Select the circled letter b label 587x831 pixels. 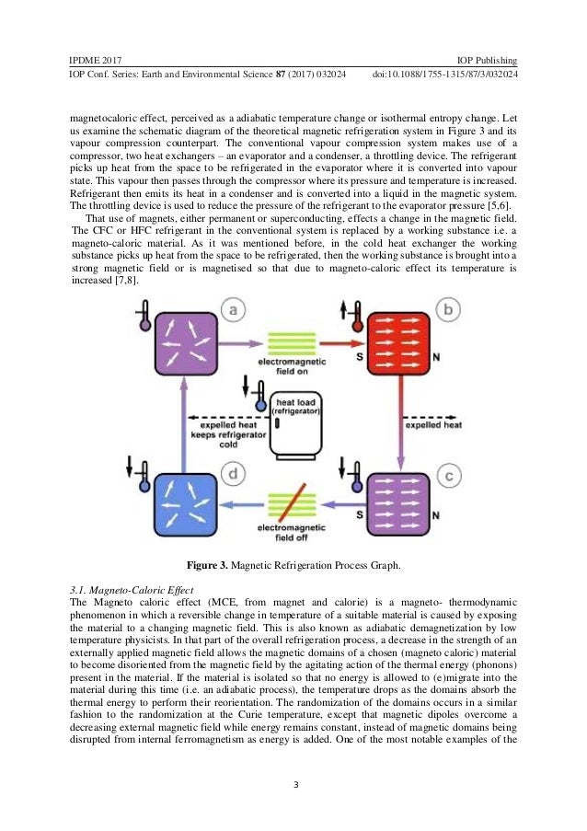pyautogui.click(x=448, y=311)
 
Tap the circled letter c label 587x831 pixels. pyautogui.click(x=448, y=476)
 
